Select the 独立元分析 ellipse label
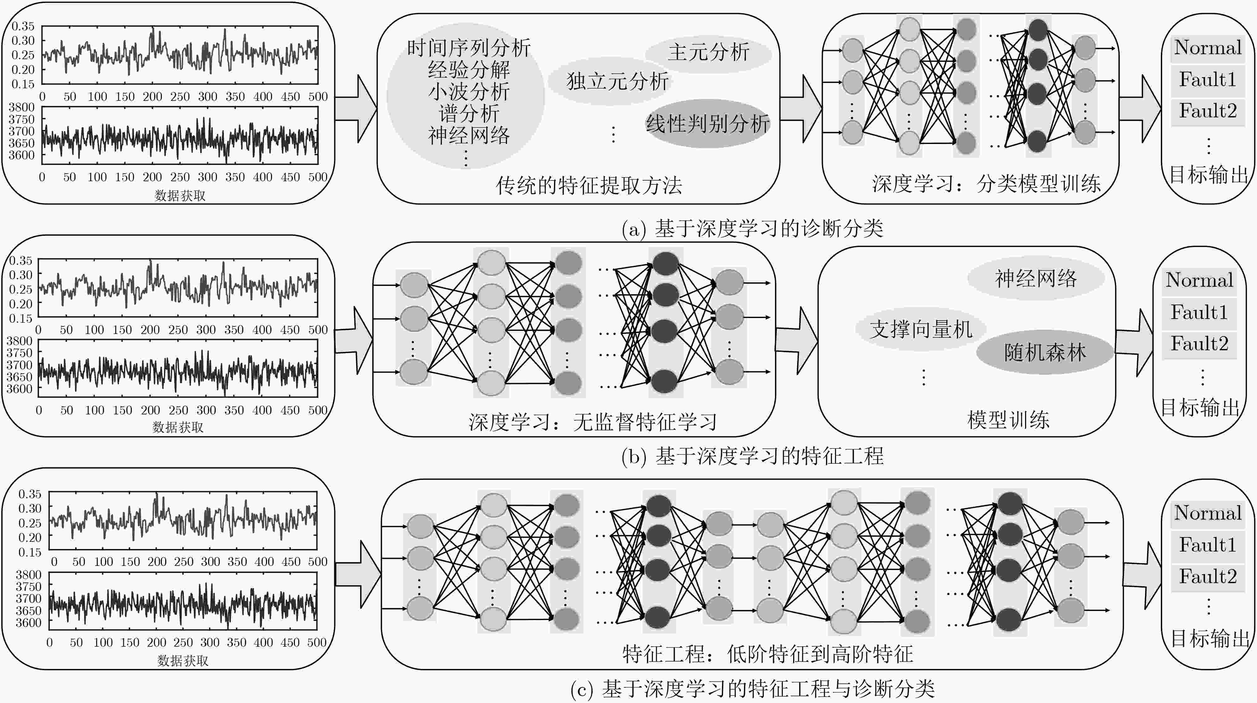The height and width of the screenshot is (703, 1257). [617, 81]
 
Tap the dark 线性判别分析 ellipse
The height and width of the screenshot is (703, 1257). [708, 123]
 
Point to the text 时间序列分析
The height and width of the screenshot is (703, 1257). [469, 48]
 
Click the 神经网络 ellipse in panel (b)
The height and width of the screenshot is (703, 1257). [1035, 279]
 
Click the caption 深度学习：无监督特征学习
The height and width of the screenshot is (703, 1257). [593, 422]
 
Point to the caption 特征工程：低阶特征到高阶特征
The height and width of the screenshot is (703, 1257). [767, 654]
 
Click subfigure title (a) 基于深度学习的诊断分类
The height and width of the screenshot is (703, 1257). [752, 228]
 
